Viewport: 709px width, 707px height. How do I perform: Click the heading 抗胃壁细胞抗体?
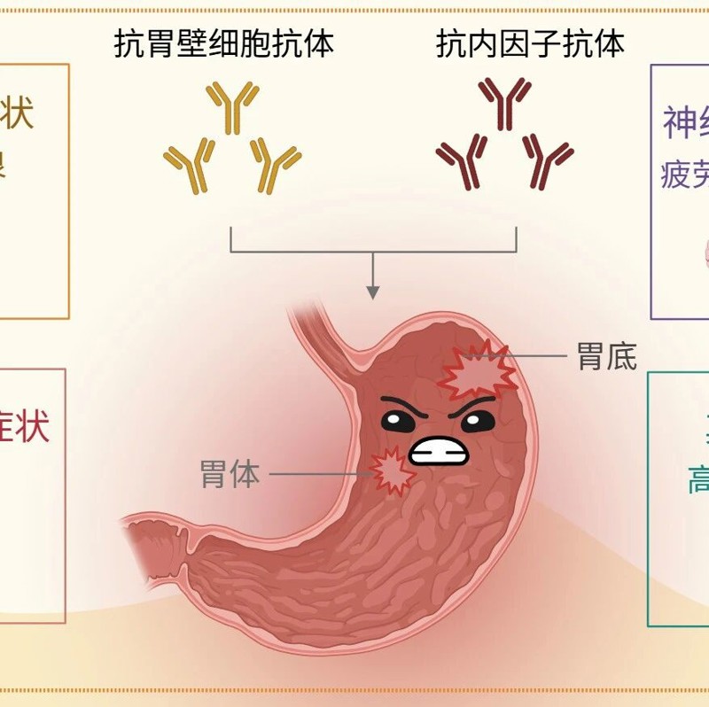coord(223,43)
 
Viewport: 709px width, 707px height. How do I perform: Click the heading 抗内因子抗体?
coord(530,43)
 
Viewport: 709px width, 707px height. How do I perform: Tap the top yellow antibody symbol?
coord(232,105)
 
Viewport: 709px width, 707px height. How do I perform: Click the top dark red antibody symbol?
coord(505,105)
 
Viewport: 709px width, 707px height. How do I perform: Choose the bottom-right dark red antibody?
coord(546,161)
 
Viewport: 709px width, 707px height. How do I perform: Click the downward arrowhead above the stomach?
coord(373,291)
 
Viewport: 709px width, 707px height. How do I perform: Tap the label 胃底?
coord(606,356)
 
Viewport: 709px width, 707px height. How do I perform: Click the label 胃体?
coord(230,474)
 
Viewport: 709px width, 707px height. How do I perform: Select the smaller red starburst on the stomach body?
coord(392,470)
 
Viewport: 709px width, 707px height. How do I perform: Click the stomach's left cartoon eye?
coord(399,421)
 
